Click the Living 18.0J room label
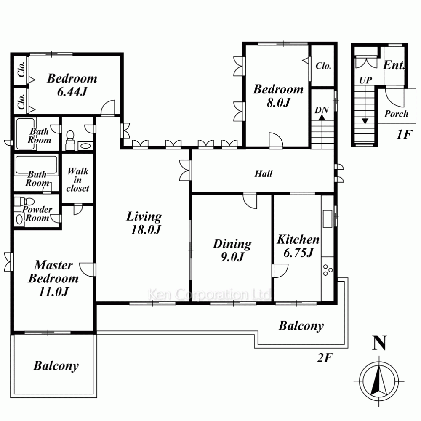144,223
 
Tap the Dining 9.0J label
232,250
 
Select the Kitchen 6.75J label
298,246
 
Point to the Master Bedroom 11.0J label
53,278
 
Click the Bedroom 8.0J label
278,96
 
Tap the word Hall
264,174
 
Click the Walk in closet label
77,180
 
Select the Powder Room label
37,213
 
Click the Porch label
396,114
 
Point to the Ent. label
394,65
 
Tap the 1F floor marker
404,134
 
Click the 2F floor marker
325,357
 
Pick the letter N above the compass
379,343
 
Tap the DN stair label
322,110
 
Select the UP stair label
365,80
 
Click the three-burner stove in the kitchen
328,269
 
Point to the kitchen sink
327,218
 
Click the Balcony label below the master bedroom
56,365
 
